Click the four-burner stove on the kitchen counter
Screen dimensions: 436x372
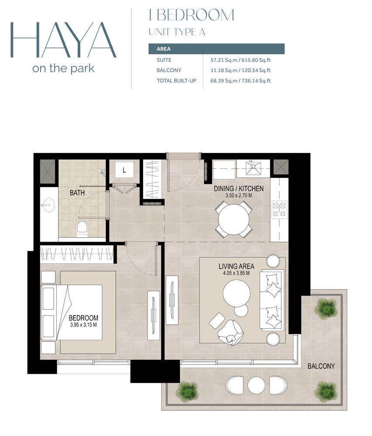[x=279, y=209]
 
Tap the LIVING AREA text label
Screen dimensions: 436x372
[x=236, y=266]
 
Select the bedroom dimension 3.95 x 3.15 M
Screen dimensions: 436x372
[x=83, y=325]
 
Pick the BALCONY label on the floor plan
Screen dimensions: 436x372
[x=321, y=366]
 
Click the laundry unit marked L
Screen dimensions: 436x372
[x=124, y=170]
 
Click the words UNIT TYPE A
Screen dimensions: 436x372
[x=177, y=32]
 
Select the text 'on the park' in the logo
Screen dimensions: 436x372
[x=63, y=68]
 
